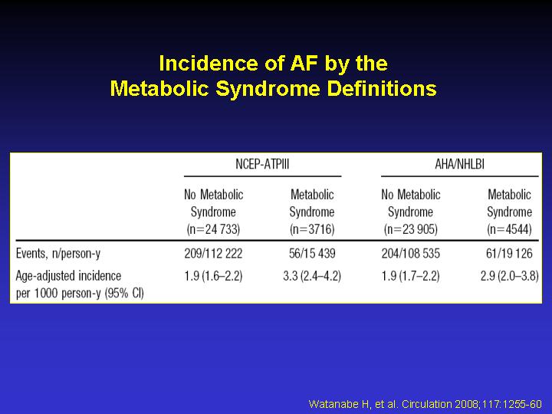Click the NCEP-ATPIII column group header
(262, 164)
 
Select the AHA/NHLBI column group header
(459, 164)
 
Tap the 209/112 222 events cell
(213, 254)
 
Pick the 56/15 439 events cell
(312, 254)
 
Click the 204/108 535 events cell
(410, 254)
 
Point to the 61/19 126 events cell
(509, 254)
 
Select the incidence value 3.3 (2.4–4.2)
(312, 276)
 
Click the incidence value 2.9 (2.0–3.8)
(509, 276)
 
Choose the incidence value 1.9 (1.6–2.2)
(213, 276)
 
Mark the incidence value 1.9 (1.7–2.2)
(410, 276)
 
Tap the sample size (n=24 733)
(213, 229)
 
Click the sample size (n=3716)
(312, 229)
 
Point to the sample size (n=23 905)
(410, 229)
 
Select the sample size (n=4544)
(509, 229)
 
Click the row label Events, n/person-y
(58, 254)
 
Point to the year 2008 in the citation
(468, 404)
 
